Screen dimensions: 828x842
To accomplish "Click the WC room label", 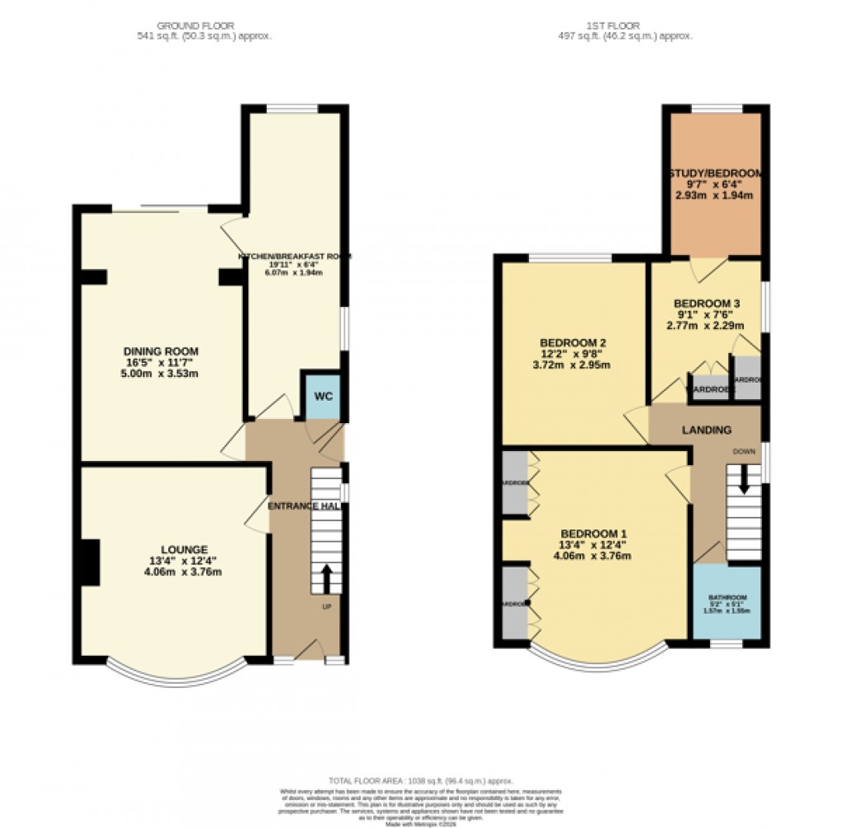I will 323,397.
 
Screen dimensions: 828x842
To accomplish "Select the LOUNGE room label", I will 184,549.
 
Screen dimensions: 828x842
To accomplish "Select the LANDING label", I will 706,430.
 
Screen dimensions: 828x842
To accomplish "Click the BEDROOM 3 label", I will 706,303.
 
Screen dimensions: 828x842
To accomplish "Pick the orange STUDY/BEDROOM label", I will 715,173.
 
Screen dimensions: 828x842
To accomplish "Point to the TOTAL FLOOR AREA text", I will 421,780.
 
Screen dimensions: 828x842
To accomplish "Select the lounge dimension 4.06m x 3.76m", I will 184,572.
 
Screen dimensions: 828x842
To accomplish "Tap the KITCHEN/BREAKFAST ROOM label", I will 295,256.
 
